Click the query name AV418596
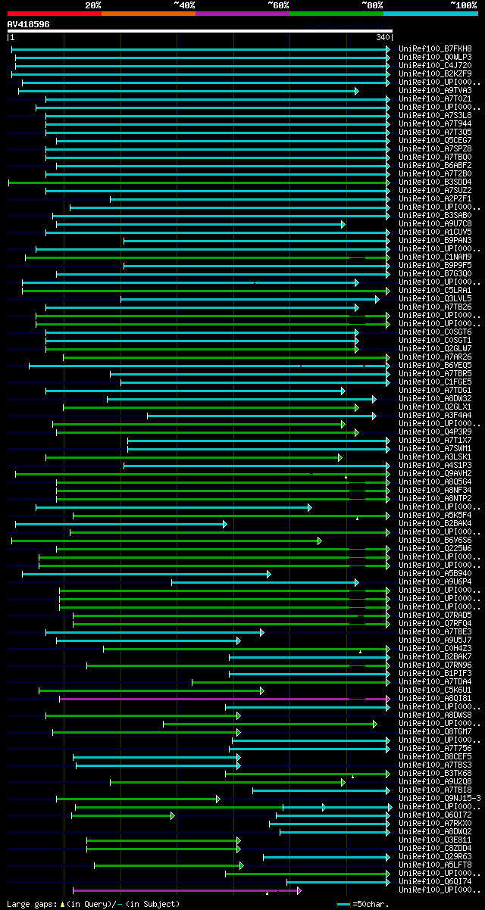(x=29, y=24)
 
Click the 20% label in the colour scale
(x=93, y=5)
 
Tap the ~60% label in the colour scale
(x=278, y=5)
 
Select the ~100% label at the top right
(x=463, y=5)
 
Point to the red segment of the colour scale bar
(x=54, y=14)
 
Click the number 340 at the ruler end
(x=383, y=37)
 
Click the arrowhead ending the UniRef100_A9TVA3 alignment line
(x=356, y=91)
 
